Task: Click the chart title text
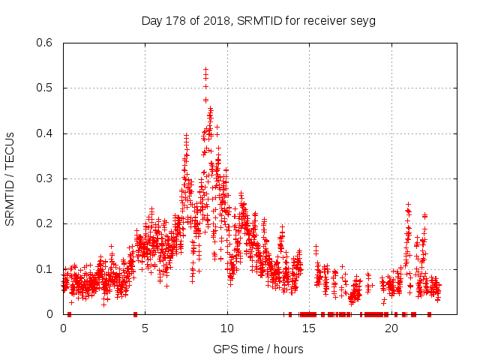(x=258, y=20)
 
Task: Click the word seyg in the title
(x=363, y=20)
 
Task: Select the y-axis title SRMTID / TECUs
(x=10, y=178)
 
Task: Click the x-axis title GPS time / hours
(x=258, y=349)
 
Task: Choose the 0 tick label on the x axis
(x=63, y=328)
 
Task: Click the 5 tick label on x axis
(x=145, y=328)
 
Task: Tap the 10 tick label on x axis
(x=227, y=328)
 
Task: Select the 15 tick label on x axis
(x=309, y=328)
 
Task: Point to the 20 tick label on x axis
(x=391, y=328)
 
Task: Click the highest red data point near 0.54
(x=205, y=69)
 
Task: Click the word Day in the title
(x=151, y=20)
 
